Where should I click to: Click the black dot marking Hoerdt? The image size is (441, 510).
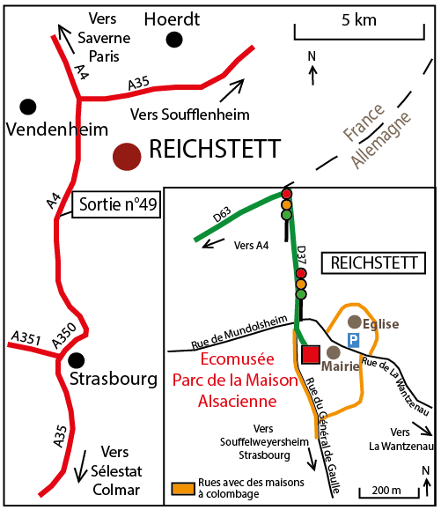tap(174, 40)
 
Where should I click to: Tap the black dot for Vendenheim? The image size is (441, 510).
tap(28, 107)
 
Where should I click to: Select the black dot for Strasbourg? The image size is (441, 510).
tap(77, 360)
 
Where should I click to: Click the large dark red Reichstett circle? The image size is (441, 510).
tap(127, 157)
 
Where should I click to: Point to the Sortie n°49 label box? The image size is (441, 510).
tap(116, 204)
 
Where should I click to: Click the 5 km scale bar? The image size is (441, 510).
tap(359, 39)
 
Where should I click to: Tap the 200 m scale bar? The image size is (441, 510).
tap(389, 497)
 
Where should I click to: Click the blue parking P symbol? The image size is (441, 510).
tap(354, 340)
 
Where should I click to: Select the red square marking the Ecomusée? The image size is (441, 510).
tap(311, 354)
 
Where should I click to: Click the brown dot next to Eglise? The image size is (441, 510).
tap(355, 322)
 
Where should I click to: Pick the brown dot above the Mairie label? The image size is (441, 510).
tap(333, 352)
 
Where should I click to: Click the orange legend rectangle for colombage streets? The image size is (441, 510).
tap(184, 489)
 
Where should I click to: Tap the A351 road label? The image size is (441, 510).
tap(26, 338)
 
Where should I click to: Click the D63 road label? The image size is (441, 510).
tap(223, 214)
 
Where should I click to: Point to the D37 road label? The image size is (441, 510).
tap(301, 255)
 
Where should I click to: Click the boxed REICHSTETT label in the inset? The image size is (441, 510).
tap(373, 262)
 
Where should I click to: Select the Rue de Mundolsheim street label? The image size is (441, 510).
tap(239, 332)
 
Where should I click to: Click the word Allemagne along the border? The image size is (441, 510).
tap(381, 141)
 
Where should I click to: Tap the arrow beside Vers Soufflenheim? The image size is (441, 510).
tap(232, 90)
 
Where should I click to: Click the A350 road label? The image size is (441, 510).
tap(64, 336)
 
